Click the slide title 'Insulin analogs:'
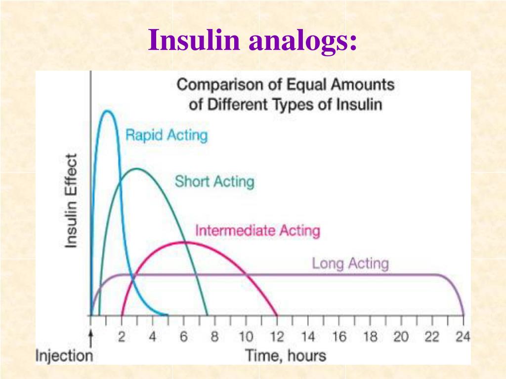tap(253, 40)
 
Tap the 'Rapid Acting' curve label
tap(167, 135)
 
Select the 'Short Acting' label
tap(214, 182)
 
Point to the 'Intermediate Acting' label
tap(257, 230)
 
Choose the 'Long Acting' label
tap(350, 264)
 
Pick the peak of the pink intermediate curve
tap(184, 242)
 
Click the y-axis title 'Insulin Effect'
tap(72, 200)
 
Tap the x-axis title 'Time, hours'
tap(286, 355)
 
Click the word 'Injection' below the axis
tap(64, 356)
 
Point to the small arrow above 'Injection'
tap(91, 338)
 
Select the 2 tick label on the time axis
tap(122, 338)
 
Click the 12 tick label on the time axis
tap(277, 338)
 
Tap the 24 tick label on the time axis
tap(463, 338)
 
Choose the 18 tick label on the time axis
tap(370, 338)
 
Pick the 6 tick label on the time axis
tap(184, 338)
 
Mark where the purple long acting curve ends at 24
tap(464, 315)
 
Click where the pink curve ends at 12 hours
tap(277, 315)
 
